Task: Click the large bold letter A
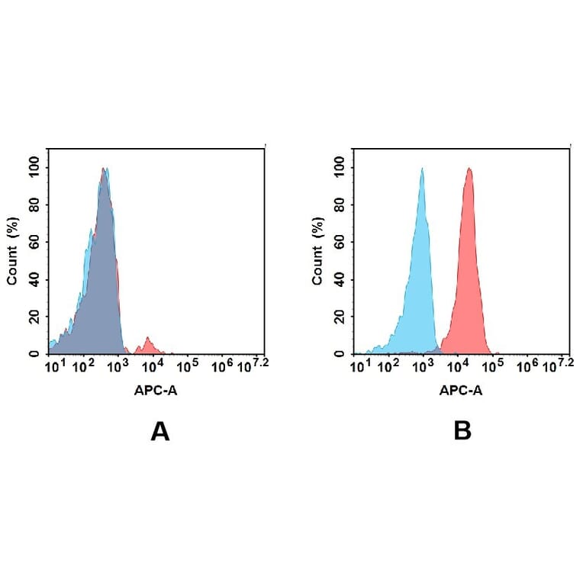[159, 431]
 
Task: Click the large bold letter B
[462, 431]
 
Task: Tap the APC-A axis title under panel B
[460, 391]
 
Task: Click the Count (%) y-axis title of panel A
[13, 251]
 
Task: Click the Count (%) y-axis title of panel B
[317, 251]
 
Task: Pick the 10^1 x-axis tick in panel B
[359, 367]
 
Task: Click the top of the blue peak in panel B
[421, 170]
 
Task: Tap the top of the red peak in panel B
[469, 170]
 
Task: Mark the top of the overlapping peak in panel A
[105, 171]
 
